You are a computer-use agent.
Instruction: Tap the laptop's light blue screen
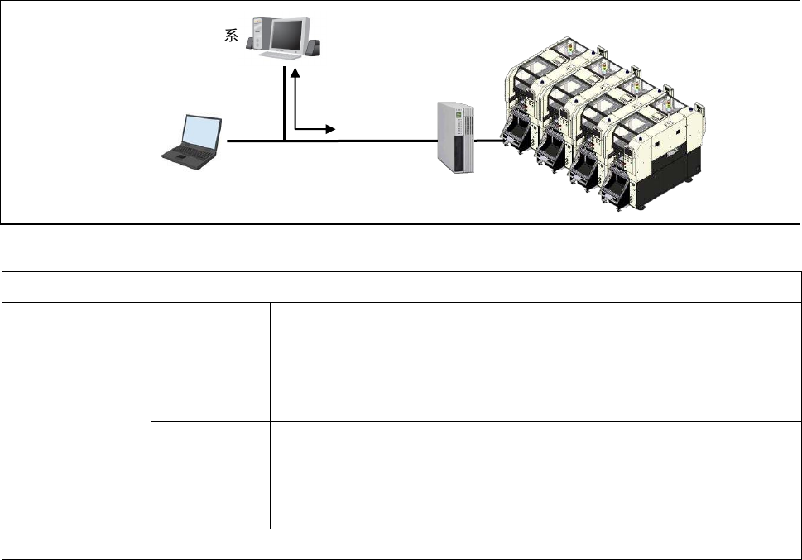click(x=201, y=132)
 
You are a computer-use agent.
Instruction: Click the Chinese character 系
click(x=232, y=38)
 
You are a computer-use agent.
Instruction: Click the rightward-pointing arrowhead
click(x=330, y=129)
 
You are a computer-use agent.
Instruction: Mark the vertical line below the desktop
click(x=284, y=103)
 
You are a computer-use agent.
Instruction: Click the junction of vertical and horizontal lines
click(x=284, y=141)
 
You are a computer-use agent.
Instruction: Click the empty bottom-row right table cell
click(x=476, y=543)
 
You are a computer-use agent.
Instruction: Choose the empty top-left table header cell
click(x=75, y=286)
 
